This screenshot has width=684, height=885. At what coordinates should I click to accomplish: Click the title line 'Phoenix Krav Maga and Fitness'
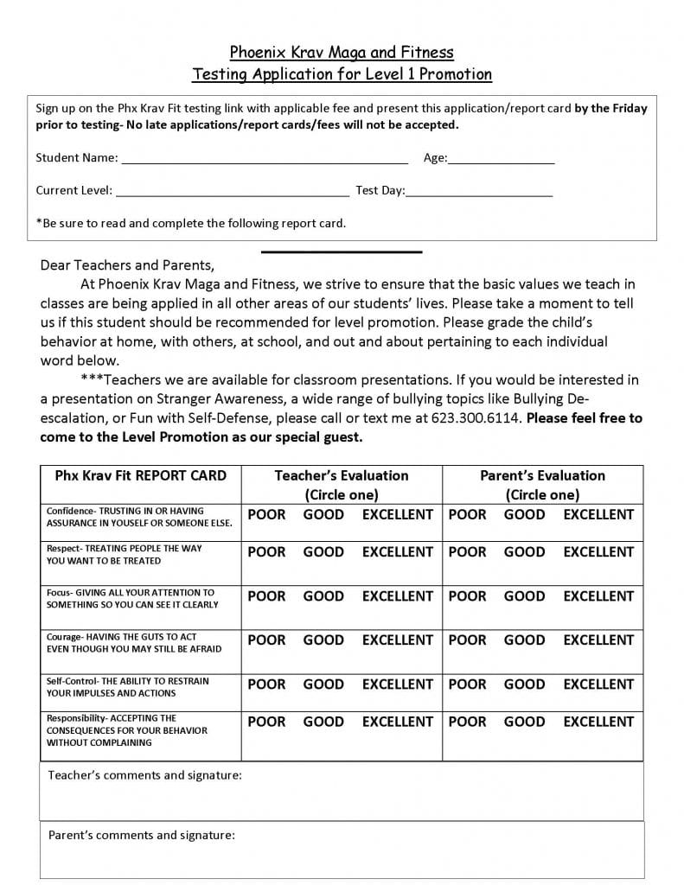(x=342, y=53)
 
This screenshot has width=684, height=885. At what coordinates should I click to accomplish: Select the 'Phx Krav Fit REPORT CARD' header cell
(x=140, y=475)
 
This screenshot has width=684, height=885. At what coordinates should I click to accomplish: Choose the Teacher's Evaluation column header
(x=342, y=485)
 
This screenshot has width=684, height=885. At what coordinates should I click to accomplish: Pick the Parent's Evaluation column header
(x=542, y=485)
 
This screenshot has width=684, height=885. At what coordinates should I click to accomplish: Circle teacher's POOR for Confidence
(x=266, y=514)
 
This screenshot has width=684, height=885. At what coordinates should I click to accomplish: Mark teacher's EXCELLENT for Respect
(x=397, y=551)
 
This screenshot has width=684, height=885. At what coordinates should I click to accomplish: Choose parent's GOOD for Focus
(x=524, y=595)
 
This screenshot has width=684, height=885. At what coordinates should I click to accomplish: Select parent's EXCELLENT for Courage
(x=598, y=640)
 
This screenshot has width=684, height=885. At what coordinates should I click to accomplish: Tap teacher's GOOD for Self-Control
(x=323, y=684)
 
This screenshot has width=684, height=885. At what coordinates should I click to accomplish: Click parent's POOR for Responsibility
(x=468, y=721)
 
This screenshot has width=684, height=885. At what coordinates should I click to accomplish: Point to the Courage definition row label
(x=134, y=642)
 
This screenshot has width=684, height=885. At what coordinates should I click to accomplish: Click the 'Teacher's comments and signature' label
(x=144, y=775)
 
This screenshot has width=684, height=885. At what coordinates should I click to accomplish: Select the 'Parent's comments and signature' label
(x=141, y=835)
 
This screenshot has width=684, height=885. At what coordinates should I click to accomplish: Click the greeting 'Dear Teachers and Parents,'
(x=126, y=265)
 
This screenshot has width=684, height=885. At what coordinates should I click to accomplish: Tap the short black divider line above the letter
(x=342, y=251)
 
